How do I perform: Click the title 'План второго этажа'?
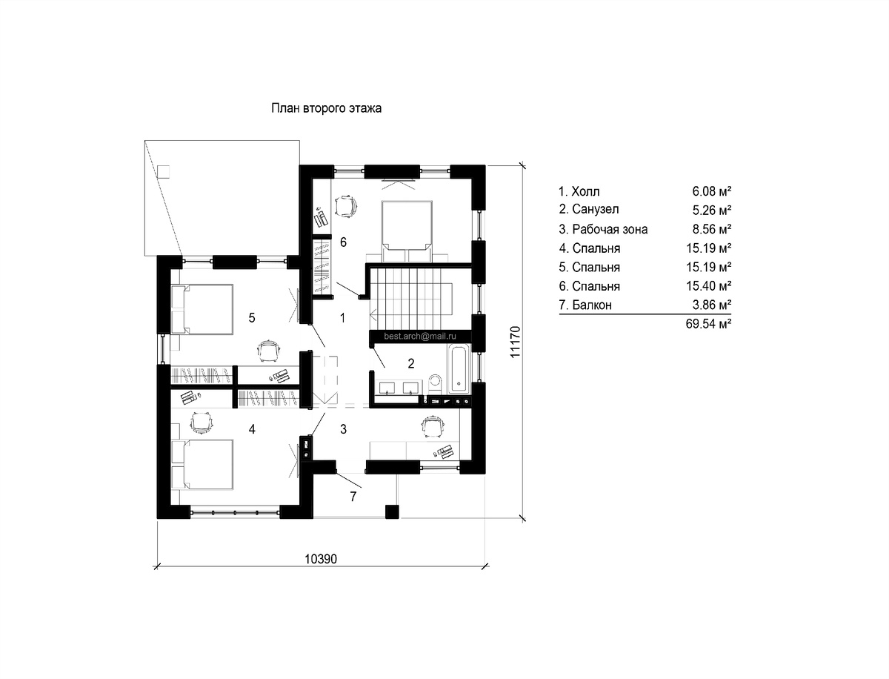326,108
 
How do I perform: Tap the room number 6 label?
343,242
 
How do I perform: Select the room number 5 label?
252,318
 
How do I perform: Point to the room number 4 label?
252,429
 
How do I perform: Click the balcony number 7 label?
353,497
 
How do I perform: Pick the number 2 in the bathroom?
411,363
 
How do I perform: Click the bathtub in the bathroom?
459,369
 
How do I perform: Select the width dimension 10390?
321,559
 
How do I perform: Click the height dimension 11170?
514,342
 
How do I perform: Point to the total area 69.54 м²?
708,324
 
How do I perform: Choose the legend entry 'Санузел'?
595,210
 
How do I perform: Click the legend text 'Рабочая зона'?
610,229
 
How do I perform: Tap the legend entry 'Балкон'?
592,305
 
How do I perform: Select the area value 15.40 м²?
708,286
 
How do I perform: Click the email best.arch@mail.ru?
420,336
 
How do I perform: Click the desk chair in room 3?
433,425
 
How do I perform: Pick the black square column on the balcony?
392,511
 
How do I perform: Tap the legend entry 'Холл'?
586,191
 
